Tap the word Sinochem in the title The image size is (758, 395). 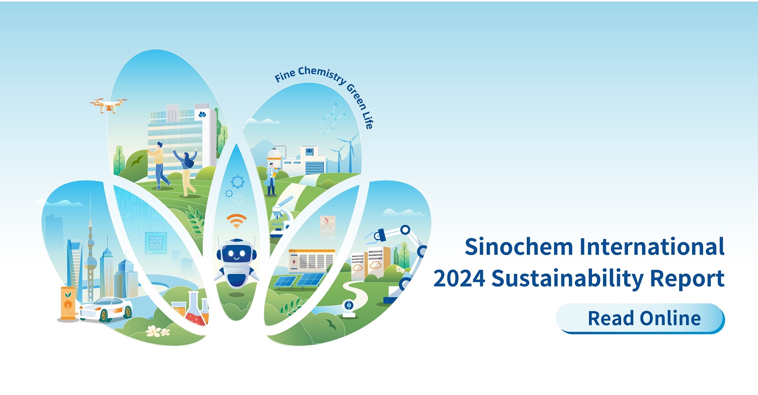(519, 247)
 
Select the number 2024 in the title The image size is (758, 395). (459, 279)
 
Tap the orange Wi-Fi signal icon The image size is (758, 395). (236, 221)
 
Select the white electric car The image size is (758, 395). (106, 308)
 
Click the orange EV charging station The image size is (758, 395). (68, 303)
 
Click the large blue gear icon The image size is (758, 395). (238, 182)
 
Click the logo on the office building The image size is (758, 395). (202, 114)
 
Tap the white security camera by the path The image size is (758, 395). (349, 308)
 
